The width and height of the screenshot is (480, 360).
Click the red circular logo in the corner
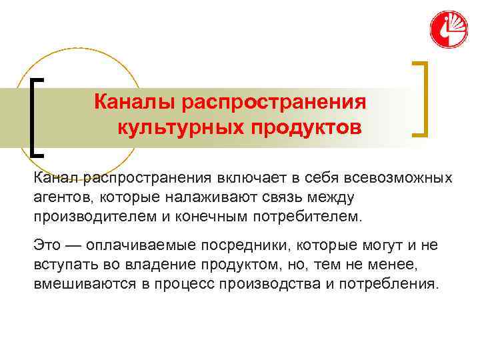[x=449, y=29]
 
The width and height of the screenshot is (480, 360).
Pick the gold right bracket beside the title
[x=421, y=99]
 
